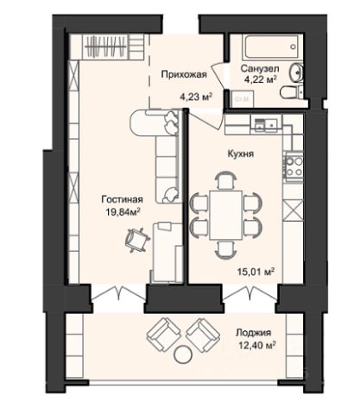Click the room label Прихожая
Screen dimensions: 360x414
(x=184, y=74)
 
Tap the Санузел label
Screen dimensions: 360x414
(x=260, y=69)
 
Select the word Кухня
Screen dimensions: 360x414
(x=241, y=154)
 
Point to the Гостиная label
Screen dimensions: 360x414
(x=123, y=199)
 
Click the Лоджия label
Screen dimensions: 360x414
(x=253, y=333)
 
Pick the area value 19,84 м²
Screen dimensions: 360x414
(x=123, y=212)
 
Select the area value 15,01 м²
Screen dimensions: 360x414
(x=256, y=271)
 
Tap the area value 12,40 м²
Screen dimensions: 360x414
(x=256, y=345)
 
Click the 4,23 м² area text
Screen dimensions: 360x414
(x=196, y=97)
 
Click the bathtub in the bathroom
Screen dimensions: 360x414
(x=272, y=47)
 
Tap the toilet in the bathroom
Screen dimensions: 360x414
(x=290, y=92)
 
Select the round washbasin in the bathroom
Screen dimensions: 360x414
(x=296, y=72)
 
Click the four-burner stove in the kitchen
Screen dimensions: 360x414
(x=294, y=166)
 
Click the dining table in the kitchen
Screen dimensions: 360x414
(x=226, y=215)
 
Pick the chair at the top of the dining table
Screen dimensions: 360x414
(x=226, y=180)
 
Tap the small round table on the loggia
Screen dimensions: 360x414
(x=183, y=354)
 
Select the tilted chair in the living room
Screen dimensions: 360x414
(x=137, y=240)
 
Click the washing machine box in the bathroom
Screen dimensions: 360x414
(x=243, y=99)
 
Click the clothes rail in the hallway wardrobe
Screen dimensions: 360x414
(x=106, y=47)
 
